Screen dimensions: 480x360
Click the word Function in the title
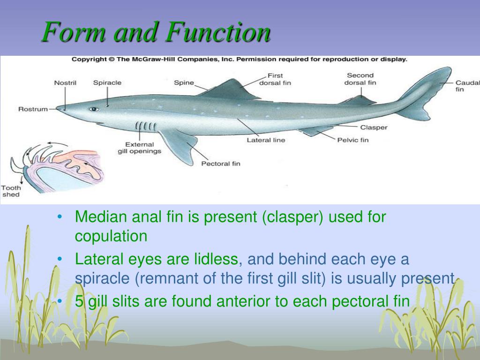(218, 31)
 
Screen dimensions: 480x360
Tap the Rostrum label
(33, 109)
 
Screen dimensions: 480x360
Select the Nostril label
(65, 82)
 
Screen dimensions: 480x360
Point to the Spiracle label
(107, 82)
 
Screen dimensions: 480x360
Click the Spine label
(184, 82)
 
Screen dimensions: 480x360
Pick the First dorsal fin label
(275, 79)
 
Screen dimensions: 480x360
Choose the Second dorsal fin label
(360, 79)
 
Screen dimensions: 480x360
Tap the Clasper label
(374, 127)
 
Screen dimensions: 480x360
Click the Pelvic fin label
(353, 140)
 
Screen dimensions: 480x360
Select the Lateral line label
(266, 140)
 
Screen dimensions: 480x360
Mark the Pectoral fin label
(221, 164)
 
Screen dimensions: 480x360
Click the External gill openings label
(140, 148)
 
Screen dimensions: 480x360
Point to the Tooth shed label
(11, 191)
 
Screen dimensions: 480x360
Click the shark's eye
(94, 109)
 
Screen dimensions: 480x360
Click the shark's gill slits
(146, 126)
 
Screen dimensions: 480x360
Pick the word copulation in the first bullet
(111, 236)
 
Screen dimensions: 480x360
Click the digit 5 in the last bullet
(79, 301)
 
